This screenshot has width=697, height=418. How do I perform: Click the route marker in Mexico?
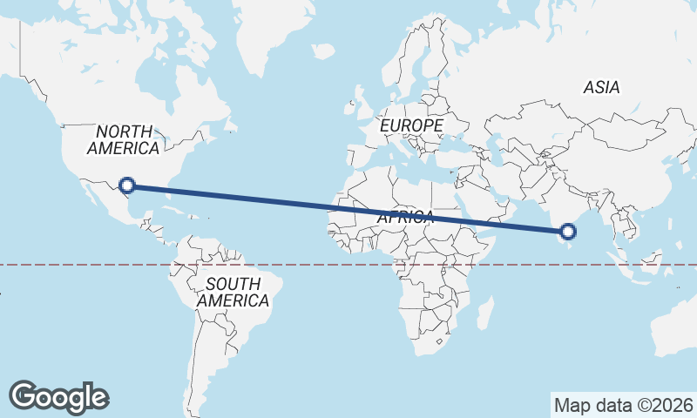(x=127, y=185)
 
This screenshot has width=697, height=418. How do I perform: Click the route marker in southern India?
(x=568, y=231)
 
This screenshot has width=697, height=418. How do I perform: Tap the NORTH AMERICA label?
(x=123, y=140)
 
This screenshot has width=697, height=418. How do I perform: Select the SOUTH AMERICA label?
(x=233, y=293)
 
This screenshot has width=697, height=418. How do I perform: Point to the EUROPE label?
(x=411, y=126)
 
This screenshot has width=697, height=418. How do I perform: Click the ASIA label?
(x=601, y=88)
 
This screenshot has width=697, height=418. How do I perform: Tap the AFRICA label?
(x=405, y=218)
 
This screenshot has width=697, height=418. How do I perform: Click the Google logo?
(x=58, y=397)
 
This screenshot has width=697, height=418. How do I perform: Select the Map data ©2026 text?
(x=623, y=405)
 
